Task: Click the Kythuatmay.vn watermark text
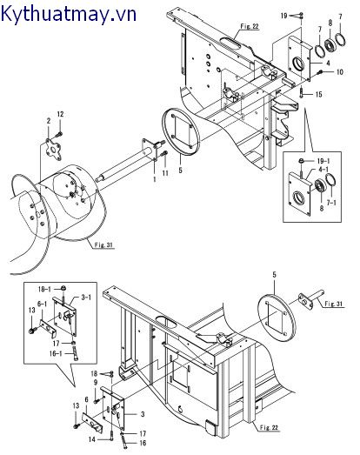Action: point(69,14)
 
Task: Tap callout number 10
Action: point(339,72)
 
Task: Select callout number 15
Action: point(318,94)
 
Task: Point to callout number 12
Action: point(60,114)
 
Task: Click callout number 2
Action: point(49,120)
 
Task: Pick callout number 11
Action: point(165,173)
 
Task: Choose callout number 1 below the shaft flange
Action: point(155,179)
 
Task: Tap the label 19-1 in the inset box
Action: point(323,161)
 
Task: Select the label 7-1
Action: point(331,203)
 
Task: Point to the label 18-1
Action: point(44,289)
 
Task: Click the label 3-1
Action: point(86,298)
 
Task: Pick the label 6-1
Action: point(42,304)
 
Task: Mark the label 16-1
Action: point(56,354)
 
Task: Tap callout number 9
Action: point(96,383)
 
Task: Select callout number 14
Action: point(91,439)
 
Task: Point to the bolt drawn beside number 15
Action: point(302,94)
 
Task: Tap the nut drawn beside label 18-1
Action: point(63,288)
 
